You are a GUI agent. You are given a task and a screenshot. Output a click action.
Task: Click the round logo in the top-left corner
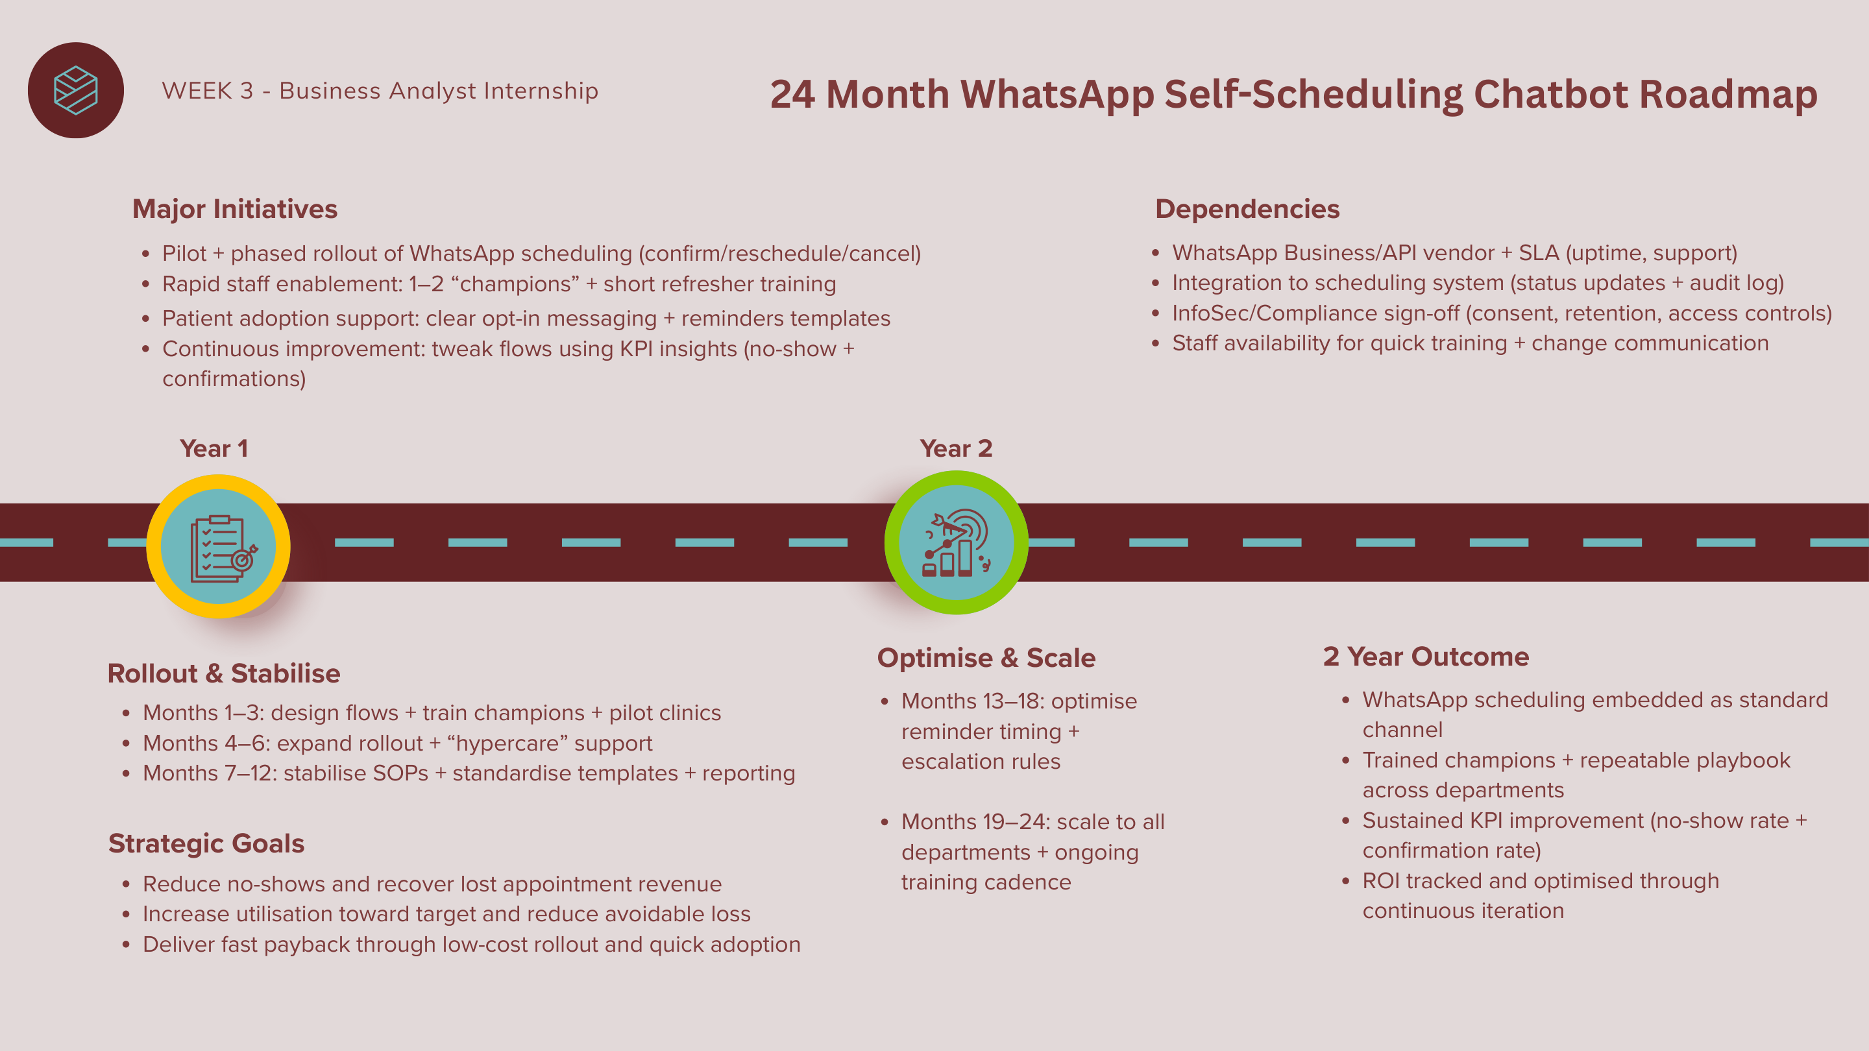point(76,91)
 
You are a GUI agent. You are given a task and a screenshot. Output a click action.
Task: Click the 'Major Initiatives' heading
point(235,209)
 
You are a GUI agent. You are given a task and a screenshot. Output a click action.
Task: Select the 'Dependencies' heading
point(1247,209)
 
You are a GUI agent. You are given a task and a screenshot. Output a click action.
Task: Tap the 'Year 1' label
point(214,448)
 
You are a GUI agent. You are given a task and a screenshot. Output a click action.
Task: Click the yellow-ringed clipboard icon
point(219,546)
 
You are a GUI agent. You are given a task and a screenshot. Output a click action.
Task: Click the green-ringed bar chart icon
point(957,542)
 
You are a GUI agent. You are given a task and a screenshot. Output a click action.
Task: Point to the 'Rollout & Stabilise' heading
point(224,673)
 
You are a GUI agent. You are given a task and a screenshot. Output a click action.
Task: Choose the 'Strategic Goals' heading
point(206,843)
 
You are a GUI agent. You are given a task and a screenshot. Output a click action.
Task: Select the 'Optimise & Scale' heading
point(986,657)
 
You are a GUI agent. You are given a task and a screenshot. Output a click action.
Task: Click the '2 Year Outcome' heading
point(1426,657)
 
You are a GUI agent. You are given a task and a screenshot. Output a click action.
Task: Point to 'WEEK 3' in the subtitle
point(208,91)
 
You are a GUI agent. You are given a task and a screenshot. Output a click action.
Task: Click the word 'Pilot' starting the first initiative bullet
point(184,254)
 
